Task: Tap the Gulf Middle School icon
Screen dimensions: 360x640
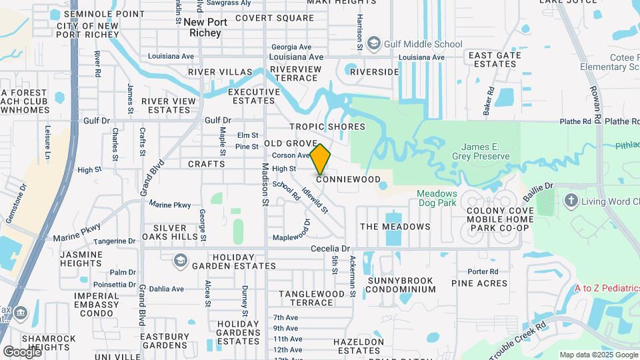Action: point(373,44)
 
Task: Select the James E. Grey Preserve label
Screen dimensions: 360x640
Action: point(485,151)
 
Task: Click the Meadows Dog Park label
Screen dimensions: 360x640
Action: point(437,198)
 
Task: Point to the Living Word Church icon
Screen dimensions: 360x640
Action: point(571,200)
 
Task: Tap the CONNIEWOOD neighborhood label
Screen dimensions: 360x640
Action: point(348,179)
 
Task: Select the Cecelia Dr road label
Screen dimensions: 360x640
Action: point(330,249)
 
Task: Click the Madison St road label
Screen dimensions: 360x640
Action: point(265,184)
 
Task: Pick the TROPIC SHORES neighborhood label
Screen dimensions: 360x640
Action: point(327,127)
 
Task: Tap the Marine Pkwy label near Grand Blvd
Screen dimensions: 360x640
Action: point(169,204)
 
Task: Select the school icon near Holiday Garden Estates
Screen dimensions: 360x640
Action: point(180,260)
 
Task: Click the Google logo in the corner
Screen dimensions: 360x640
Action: point(21,351)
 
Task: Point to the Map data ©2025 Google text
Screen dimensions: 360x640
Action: point(598,355)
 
